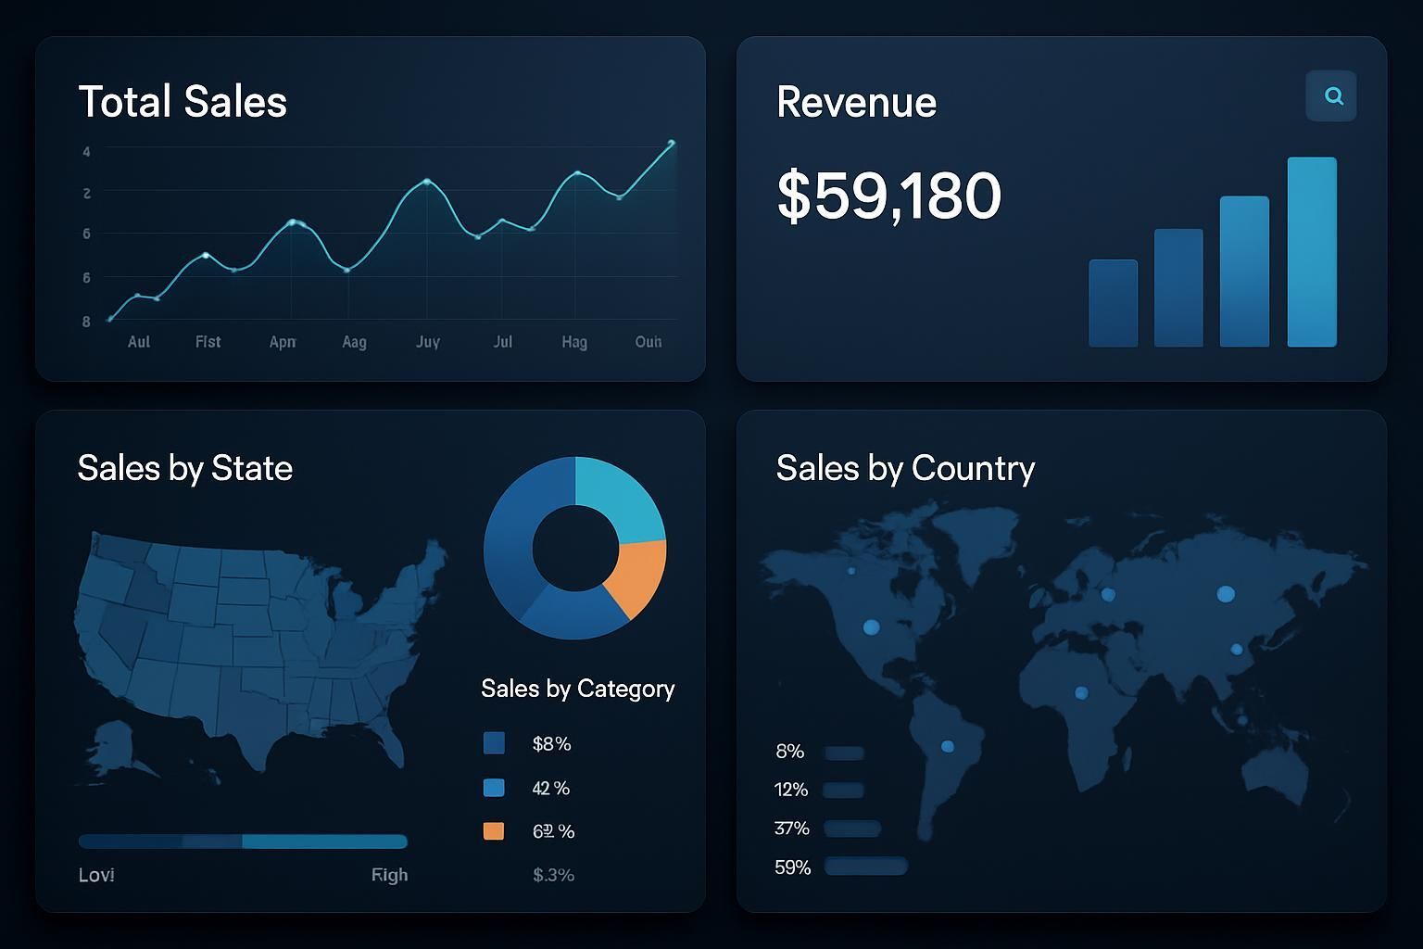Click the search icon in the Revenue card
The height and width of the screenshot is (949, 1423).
[1332, 95]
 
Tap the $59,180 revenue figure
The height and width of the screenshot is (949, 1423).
[888, 196]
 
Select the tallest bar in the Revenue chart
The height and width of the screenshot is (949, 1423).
[1311, 252]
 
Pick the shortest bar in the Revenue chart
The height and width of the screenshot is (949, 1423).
[1113, 303]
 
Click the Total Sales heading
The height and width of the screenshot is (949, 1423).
[183, 102]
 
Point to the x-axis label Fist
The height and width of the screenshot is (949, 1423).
[208, 342]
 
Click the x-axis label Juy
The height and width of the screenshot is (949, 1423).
[427, 342]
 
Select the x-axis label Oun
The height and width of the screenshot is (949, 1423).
[649, 342]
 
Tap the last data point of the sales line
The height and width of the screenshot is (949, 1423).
[672, 143]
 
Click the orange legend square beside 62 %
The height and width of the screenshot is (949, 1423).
[494, 831]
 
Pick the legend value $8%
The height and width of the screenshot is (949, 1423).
[551, 743]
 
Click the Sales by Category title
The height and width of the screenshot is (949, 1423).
[577, 689]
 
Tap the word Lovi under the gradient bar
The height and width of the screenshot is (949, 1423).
[96, 875]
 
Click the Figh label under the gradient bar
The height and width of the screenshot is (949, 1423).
[389, 875]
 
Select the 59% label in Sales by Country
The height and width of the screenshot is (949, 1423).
[792, 867]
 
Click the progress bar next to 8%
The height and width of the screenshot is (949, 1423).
[844, 753]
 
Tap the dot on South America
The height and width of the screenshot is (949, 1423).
[947, 746]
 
